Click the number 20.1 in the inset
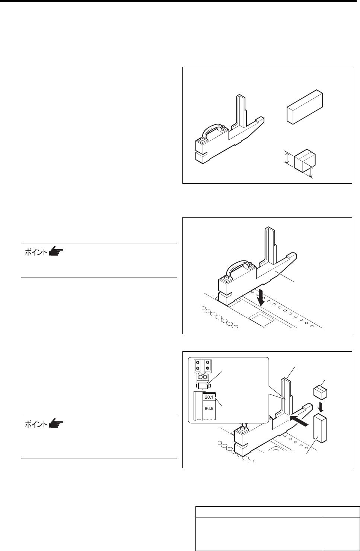pyautogui.click(x=208, y=398)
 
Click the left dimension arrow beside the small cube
pyautogui.click(x=287, y=158)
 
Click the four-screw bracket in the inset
pyautogui.click(x=203, y=366)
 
